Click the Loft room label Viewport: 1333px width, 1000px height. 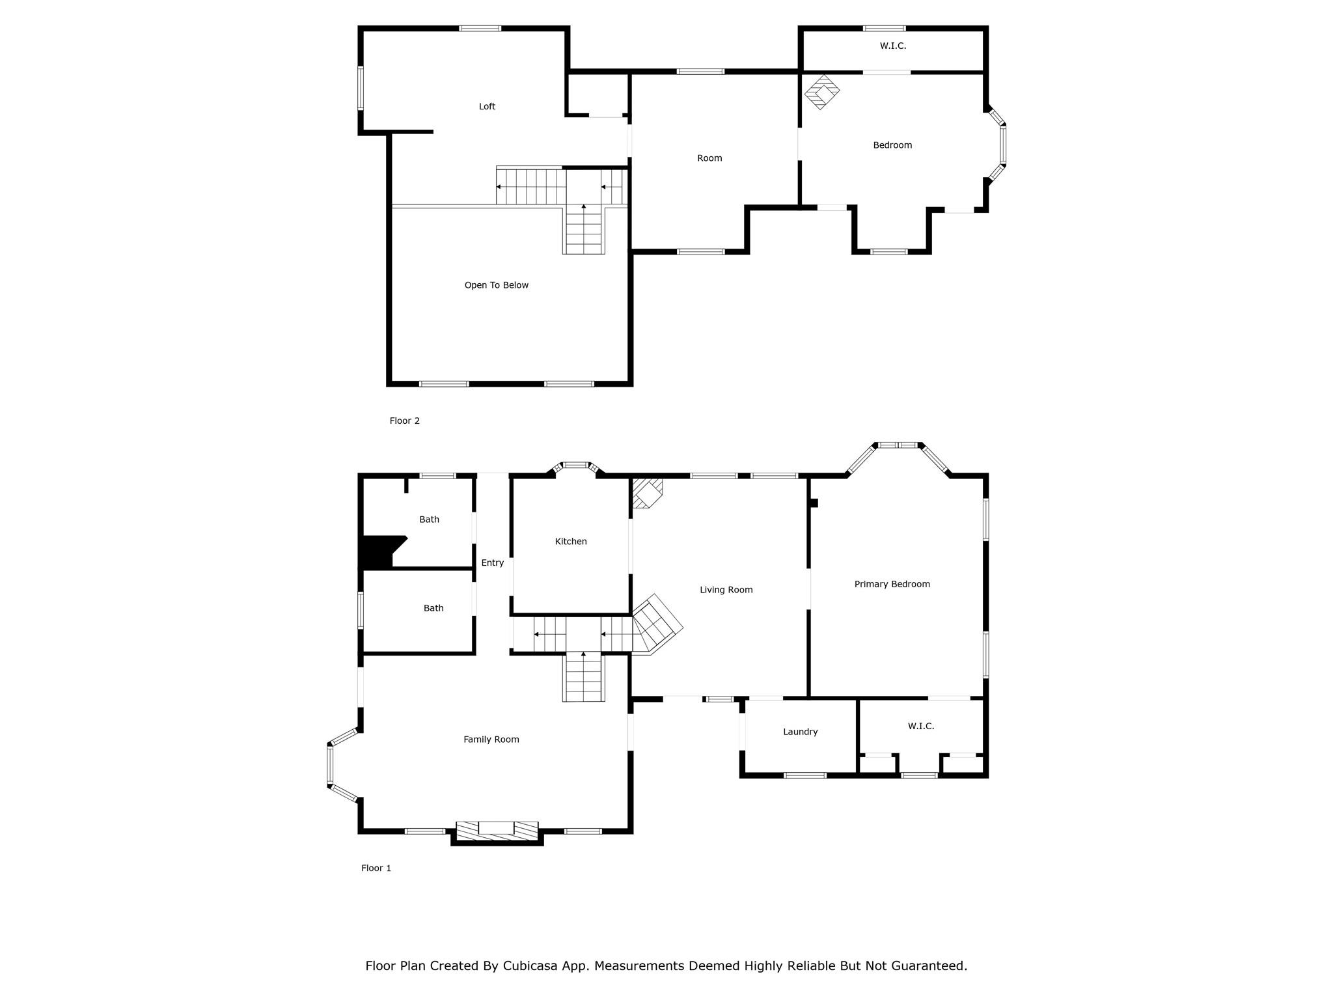click(x=487, y=107)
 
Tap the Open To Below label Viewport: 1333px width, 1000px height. click(x=496, y=285)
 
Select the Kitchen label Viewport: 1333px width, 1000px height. click(x=571, y=542)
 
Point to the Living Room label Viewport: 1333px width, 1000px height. click(x=726, y=590)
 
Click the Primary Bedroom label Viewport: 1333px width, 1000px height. click(x=892, y=584)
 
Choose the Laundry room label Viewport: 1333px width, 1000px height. click(x=800, y=732)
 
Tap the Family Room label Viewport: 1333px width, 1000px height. click(x=491, y=740)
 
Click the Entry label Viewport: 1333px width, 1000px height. click(x=492, y=563)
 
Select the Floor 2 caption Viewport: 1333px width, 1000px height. click(x=404, y=421)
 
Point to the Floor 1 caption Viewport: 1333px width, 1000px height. click(x=376, y=868)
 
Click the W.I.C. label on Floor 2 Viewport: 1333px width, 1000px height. click(x=892, y=46)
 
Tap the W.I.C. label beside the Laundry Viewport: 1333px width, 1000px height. click(x=921, y=726)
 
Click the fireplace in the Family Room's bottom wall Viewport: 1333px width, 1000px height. click(x=497, y=833)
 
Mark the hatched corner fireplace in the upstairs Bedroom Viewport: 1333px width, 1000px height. click(x=821, y=92)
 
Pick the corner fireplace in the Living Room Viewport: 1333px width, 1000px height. click(x=648, y=493)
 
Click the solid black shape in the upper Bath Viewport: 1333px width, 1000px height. click(x=379, y=551)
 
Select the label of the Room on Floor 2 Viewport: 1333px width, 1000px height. click(x=709, y=158)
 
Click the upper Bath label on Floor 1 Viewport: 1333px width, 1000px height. click(x=429, y=520)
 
